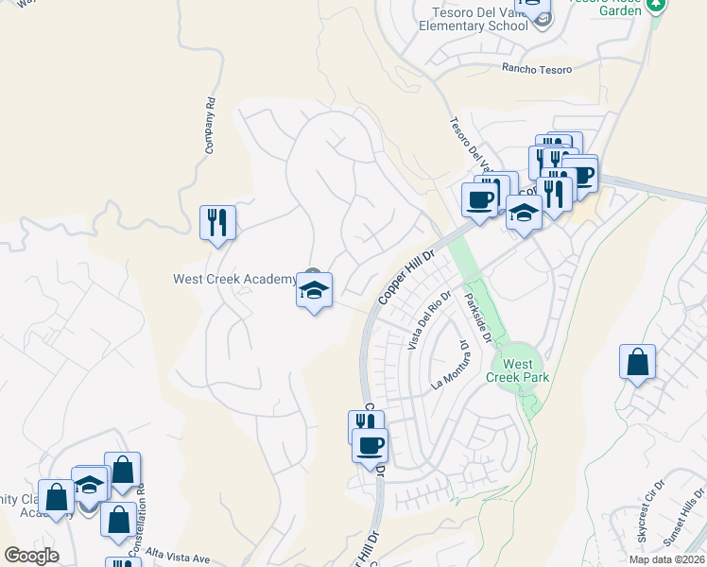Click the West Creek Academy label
tap(234, 279)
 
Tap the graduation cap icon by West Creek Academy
tap(314, 290)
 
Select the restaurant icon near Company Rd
tap(217, 223)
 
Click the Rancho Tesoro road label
tap(537, 68)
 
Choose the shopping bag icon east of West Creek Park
tap(638, 362)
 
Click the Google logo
tap(31, 556)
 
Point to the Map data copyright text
tap(665, 559)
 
